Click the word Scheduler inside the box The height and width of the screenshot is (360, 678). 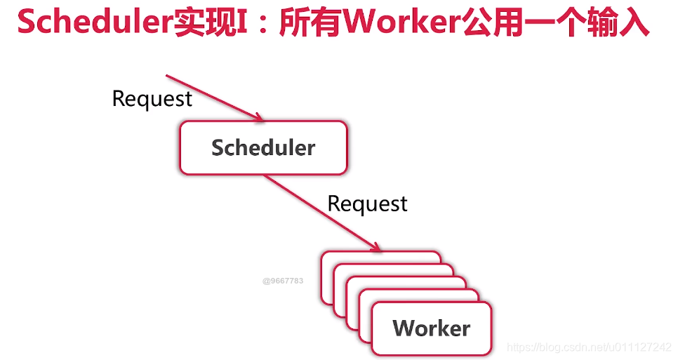click(263, 148)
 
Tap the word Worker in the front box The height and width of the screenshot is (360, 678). click(431, 328)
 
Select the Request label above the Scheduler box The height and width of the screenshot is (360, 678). click(152, 99)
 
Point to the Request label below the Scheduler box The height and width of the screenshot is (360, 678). click(367, 204)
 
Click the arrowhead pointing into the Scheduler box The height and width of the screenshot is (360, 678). click(259, 118)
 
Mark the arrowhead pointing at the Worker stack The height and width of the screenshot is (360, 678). click(377, 247)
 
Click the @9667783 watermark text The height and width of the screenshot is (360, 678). click(283, 281)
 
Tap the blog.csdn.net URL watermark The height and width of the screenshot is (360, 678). click(589, 347)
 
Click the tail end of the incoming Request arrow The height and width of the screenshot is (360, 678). click(167, 75)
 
